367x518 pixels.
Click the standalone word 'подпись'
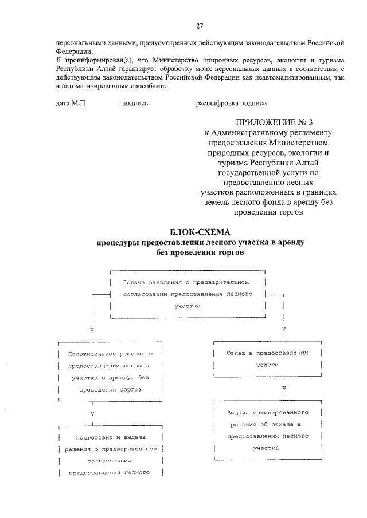[x=135, y=104]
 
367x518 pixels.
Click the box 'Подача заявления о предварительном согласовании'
[x=188, y=294]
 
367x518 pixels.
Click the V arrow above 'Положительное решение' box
[x=92, y=330]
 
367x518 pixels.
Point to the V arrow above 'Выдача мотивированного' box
[x=284, y=389]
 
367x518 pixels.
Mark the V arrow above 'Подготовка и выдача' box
[x=92, y=412]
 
